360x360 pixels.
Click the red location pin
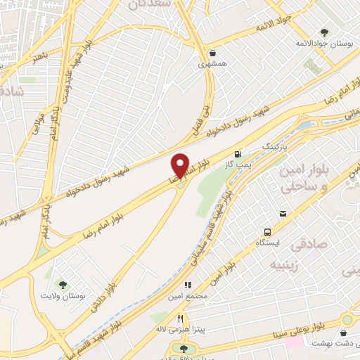click(180, 166)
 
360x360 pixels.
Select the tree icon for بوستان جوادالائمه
click(323, 32)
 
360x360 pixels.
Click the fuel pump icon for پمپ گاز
click(238, 153)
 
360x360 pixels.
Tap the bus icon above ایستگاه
click(267, 231)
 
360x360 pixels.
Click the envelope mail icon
click(283, 214)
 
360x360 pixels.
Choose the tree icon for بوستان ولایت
click(63, 285)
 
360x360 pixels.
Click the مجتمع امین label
click(187, 295)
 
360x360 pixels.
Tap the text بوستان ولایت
click(83, 297)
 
